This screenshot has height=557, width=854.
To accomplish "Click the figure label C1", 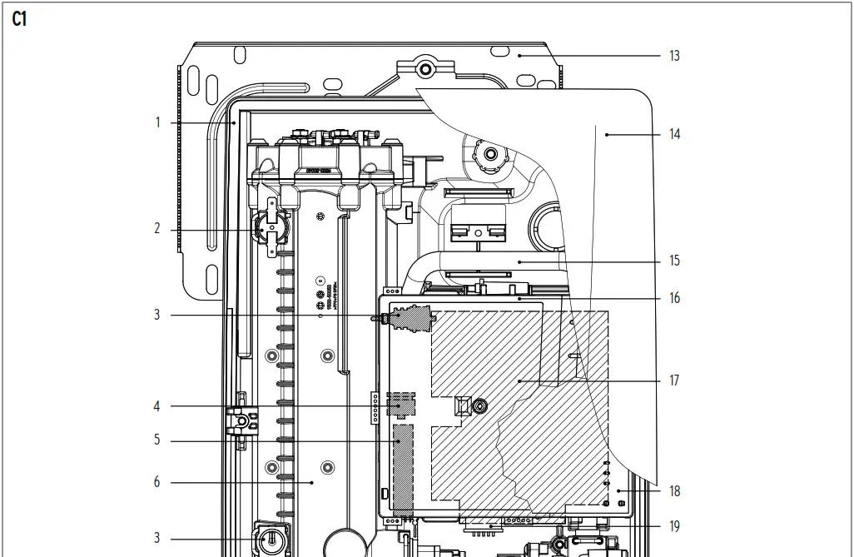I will point(19,20).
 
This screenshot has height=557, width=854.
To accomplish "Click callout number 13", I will point(673,56).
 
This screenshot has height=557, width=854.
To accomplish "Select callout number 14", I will point(674,133).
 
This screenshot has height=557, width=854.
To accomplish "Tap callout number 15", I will point(674,261).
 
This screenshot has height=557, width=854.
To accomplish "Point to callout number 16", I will point(674,298).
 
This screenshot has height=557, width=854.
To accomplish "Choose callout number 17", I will point(674,380).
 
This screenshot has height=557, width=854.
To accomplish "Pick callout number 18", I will point(674,491).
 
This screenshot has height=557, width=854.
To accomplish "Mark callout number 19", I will point(674,526).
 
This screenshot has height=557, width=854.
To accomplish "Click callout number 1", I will point(156,122).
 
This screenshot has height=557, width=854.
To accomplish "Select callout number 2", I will point(156,228).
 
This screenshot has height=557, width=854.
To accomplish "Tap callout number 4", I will point(156,406).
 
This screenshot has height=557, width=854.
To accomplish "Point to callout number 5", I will point(156,440).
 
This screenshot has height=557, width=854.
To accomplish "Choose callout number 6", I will point(156,482).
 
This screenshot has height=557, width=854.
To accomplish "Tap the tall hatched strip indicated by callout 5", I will point(403,470).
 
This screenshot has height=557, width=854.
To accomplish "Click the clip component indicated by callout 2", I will point(271,226).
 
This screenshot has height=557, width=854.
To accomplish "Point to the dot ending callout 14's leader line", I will point(607,133).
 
